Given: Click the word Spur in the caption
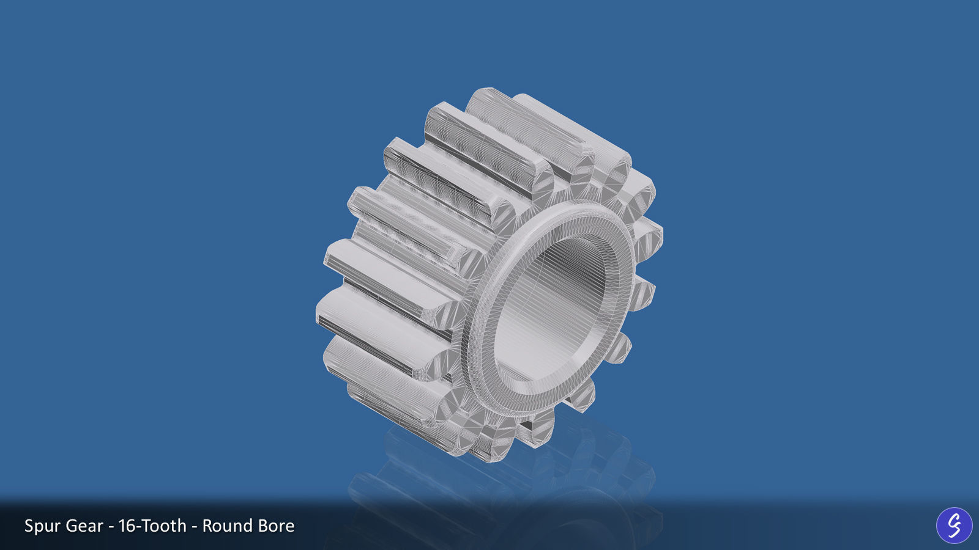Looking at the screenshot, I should click(x=42, y=526).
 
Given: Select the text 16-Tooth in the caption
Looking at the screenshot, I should click(x=152, y=526).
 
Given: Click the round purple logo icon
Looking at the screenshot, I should click(x=954, y=525).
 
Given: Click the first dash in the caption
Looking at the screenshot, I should click(x=111, y=527).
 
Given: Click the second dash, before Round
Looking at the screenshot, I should click(x=195, y=527).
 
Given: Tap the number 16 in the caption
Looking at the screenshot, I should click(x=127, y=526).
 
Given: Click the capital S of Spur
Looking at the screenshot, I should click(x=29, y=526).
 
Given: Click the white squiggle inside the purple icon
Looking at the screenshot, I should click(x=954, y=525).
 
